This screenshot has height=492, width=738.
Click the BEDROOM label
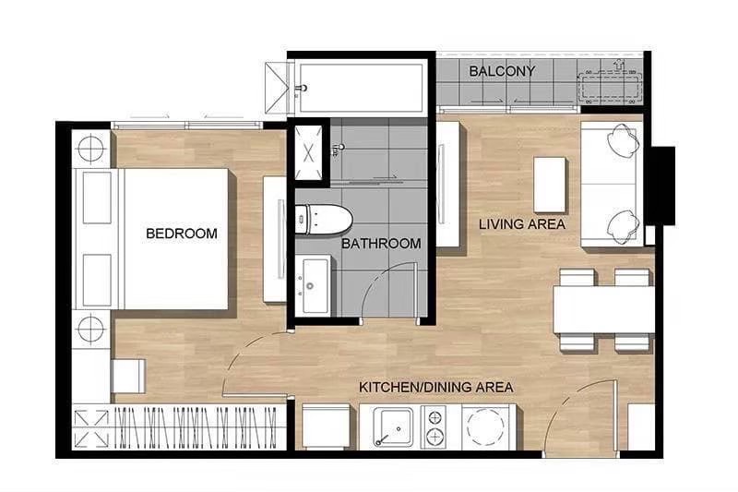click(x=182, y=234)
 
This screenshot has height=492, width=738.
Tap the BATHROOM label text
click(x=381, y=244)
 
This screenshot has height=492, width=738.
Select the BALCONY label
click(x=502, y=71)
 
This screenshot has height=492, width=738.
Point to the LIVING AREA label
click(x=522, y=224)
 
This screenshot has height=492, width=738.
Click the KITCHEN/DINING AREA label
click(x=435, y=388)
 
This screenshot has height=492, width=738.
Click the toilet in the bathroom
click(x=324, y=220)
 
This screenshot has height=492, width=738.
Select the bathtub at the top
click(x=361, y=87)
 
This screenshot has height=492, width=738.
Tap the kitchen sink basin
click(x=393, y=427)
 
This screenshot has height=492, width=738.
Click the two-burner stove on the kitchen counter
click(x=434, y=427)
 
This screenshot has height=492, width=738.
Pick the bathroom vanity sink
click(x=315, y=286)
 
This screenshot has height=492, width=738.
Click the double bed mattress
click(x=176, y=239)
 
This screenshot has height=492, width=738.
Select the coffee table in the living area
click(x=549, y=185)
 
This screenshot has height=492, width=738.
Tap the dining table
click(x=604, y=310)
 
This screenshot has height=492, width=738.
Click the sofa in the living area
click(x=611, y=184)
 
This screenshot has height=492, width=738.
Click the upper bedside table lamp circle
click(x=90, y=149)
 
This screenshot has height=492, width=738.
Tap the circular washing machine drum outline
click(x=485, y=427)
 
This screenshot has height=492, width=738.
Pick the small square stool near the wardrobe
click(x=128, y=377)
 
